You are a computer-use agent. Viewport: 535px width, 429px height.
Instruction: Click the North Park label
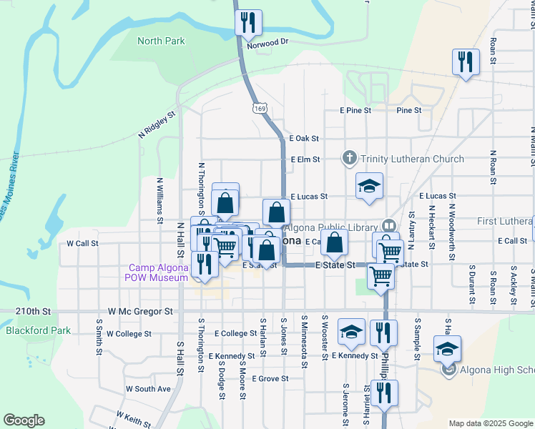tap(161, 41)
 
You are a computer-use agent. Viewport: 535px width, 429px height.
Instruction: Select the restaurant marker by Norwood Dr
tap(248, 24)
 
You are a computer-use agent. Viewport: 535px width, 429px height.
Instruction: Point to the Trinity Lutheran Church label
tap(412, 159)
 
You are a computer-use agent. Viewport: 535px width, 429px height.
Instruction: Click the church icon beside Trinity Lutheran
tap(350, 158)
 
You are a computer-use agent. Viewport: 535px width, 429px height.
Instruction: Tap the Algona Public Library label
tap(332, 228)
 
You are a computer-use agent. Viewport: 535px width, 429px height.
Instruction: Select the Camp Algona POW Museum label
tap(157, 272)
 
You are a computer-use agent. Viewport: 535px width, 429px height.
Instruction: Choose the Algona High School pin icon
tap(448, 370)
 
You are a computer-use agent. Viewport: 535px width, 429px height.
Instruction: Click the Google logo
tap(24, 420)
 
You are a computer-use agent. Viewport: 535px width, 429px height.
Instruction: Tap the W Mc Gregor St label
tap(141, 312)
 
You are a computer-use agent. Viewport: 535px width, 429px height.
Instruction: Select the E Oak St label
tap(304, 139)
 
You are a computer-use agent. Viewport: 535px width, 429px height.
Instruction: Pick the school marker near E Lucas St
tap(370, 187)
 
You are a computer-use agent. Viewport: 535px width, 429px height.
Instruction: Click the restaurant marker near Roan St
tap(466, 61)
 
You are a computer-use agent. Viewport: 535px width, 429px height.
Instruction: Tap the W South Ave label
tap(149, 389)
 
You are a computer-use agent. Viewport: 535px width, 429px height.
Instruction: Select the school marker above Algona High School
tap(448, 349)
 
